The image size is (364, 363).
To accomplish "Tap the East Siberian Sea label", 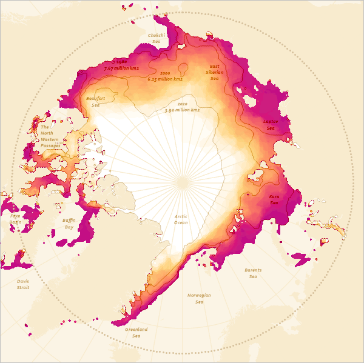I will click(x=214, y=72).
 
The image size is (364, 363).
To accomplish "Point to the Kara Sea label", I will click(x=274, y=199).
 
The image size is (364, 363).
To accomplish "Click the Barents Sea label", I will click(x=253, y=273).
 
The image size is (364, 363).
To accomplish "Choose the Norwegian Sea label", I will click(x=199, y=298).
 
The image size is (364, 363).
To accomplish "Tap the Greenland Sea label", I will click(x=136, y=333).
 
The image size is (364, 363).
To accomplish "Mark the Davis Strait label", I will click(x=22, y=284).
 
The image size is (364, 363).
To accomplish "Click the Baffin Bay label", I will click(x=69, y=224).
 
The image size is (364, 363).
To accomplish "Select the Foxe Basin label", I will click(x=15, y=218).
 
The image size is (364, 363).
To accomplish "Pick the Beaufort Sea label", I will click(x=96, y=101).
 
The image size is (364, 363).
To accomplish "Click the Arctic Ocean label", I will click(x=181, y=219).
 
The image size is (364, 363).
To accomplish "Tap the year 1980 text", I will click(x=120, y=62).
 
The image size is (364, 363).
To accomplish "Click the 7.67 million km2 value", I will click(x=121, y=68).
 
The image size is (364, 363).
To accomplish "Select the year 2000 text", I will click(x=165, y=73).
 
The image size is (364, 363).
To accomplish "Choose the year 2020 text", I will click(x=183, y=104).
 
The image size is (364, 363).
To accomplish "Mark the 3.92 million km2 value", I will click(x=182, y=110).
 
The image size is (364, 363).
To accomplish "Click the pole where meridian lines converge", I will click(x=182, y=182).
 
